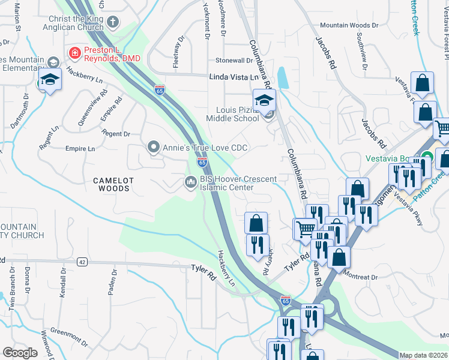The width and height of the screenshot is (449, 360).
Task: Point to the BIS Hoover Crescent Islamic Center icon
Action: pos(191,181)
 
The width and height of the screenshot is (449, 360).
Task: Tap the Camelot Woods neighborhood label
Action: pos(111,184)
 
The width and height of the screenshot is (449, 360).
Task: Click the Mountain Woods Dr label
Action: pos(349,26)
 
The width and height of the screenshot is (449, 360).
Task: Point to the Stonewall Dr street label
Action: pos(234,61)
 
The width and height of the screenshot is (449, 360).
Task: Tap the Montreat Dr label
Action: pos(361,277)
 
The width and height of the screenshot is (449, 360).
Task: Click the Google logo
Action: pos(20,353)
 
